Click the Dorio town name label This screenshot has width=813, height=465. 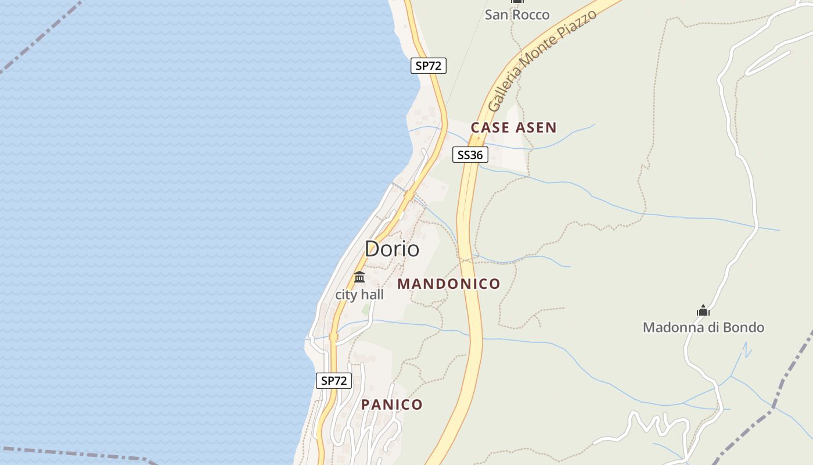[392, 249]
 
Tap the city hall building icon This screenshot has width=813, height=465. [359, 277]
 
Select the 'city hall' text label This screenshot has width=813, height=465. [359, 295]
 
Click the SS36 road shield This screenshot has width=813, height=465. [470, 155]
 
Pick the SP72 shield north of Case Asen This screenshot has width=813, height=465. [429, 66]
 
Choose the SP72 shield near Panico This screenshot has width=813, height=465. [334, 381]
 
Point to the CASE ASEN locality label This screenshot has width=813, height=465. [513, 127]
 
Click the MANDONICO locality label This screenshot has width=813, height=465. [448, 284]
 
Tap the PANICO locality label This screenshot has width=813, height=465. [392, 405]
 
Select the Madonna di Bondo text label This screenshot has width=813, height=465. [703, 327]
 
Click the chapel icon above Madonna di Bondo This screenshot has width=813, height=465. [703, 311]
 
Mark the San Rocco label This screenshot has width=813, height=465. [517, 15]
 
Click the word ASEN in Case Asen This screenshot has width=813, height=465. [535, 127]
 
